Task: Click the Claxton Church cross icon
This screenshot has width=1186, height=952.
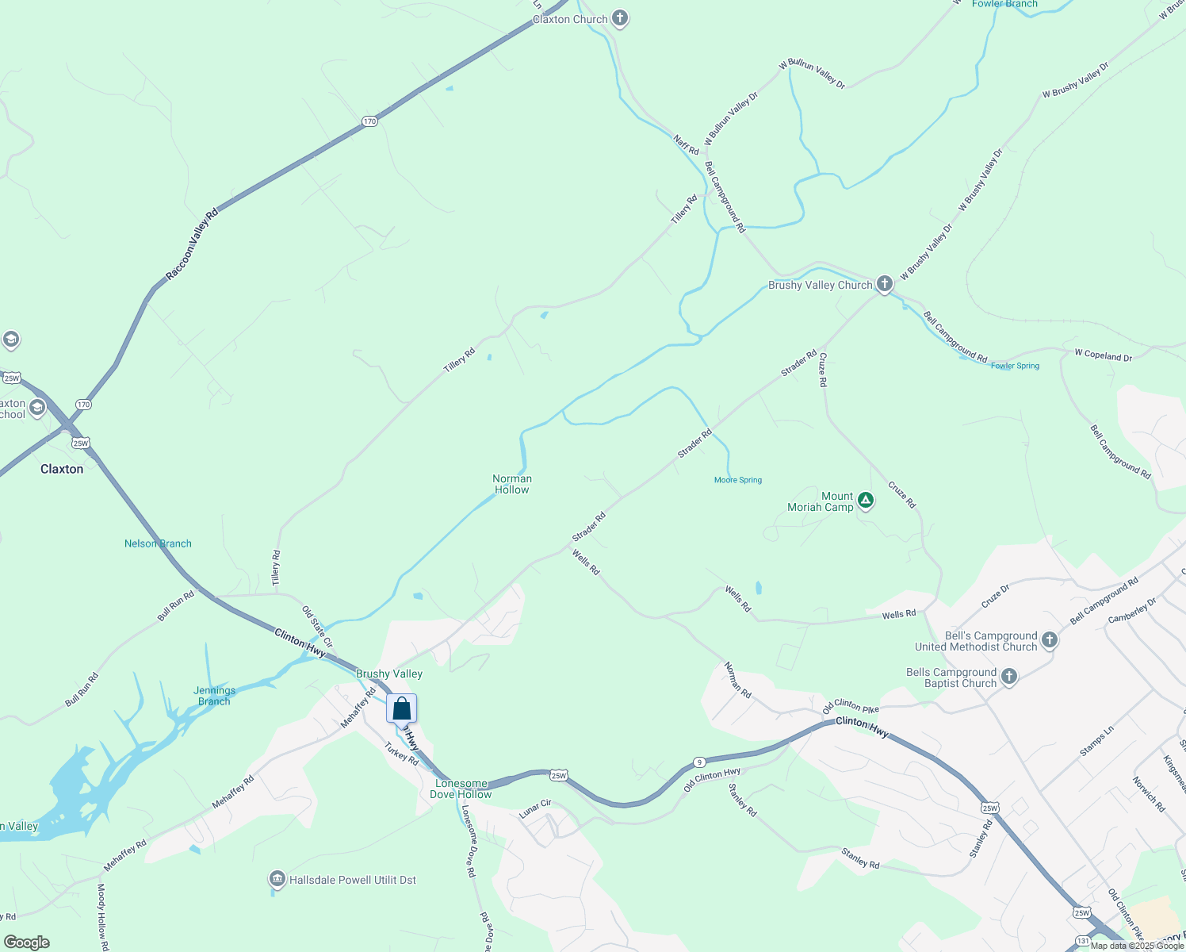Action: pyautogui.click(x=620, y=19)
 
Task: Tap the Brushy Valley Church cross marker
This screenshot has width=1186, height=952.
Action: pyautogui.click(x=885, y=284)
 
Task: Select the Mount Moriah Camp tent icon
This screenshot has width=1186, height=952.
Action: pyautogui.click(x=866, y=501)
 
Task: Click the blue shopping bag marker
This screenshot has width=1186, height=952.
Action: pyautogui.click(x=402, y=708)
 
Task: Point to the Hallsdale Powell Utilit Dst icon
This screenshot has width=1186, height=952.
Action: pyautogui.click(x=277, y=879)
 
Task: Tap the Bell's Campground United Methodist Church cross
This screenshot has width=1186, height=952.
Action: pyautogui.click(x=1050, y=640)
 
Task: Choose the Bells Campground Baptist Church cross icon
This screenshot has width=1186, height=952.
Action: pyautogui.click(x=1008, y=677)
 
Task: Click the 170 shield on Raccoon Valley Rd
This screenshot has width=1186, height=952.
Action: pyautogui.click(x=369, y=121)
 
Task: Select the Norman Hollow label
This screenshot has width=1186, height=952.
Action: pyautogui.click(x=512, y=484)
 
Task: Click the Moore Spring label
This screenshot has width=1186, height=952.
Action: pyautogui.click(x=738, y=480)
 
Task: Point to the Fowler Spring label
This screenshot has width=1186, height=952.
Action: pyautogui.click(x=1015, y=366)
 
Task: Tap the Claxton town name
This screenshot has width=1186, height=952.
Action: pyautogui.click(x=62, y=469)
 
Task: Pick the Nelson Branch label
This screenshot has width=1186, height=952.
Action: pyautogui.click(x=158, y=543)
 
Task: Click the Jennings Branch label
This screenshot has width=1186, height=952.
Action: pyautogui.click(x=214, y=696)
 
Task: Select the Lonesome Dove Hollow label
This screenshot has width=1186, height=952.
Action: pyautogui.click(x=461, y=789)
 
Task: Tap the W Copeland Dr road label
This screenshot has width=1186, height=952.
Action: pyautogui.click(x=1104, y=355)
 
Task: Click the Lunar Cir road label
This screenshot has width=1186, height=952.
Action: pyautogui.click(x=535, y=809)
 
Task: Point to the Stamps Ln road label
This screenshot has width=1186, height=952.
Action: pyautogui.click(x=1096, y=740)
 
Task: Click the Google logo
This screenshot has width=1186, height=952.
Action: pyautogui.click(x=26, y=942)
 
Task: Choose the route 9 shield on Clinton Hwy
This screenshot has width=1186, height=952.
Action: pyautogui.click(x=698, y=762)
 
